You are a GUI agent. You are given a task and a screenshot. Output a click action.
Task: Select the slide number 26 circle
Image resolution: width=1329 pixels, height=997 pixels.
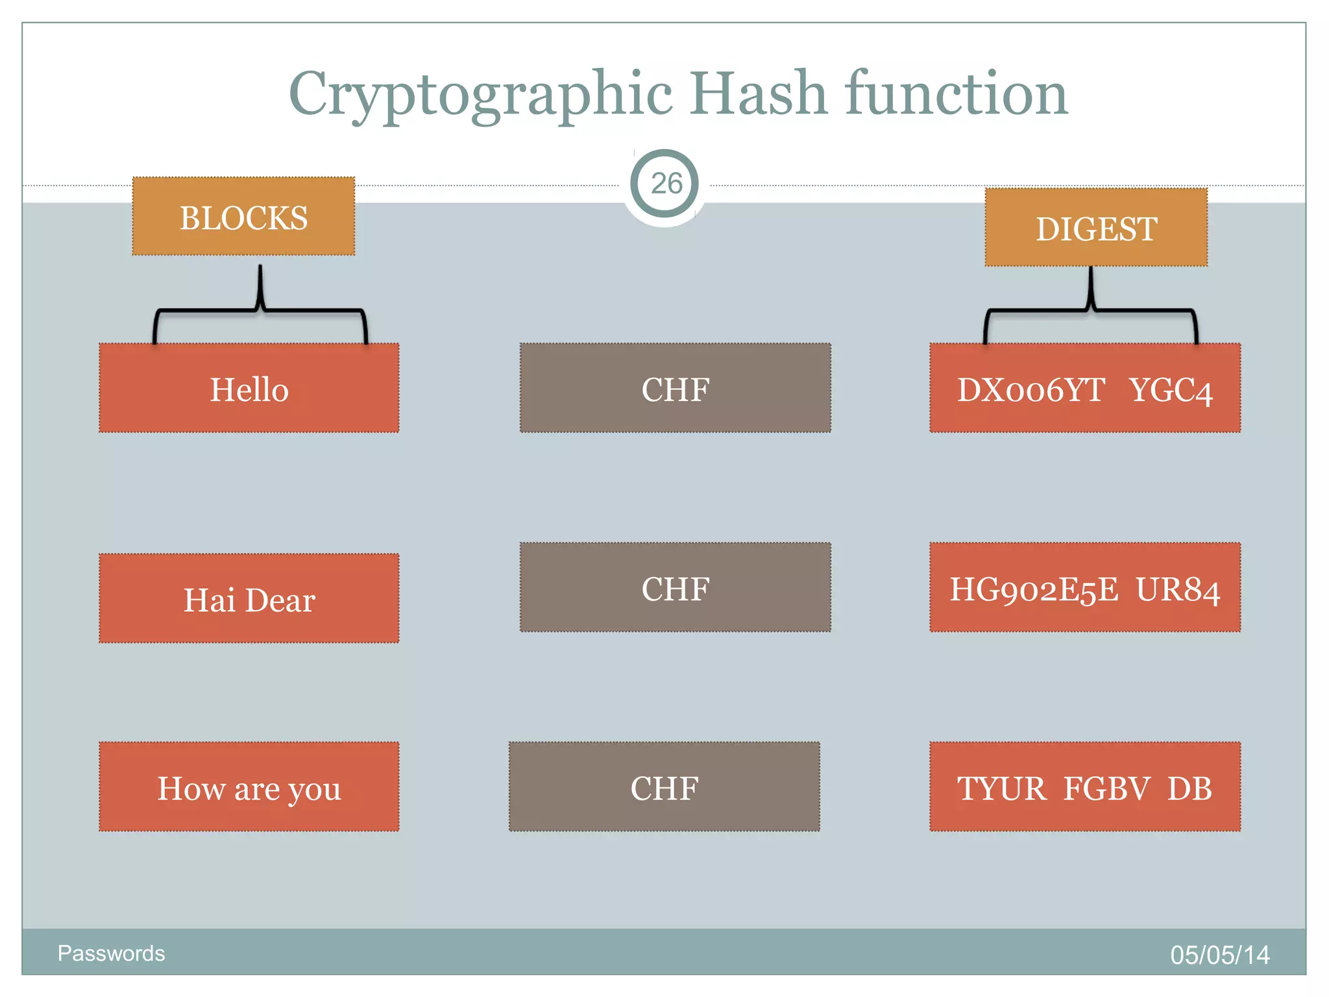[664, 184]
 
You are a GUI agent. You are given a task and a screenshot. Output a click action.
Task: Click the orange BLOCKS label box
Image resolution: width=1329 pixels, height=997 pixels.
[243, 216]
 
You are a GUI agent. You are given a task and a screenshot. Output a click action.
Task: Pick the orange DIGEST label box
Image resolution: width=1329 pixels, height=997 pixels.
[1096, 227]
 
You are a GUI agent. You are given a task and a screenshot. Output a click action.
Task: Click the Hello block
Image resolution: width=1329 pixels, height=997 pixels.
[249, 388]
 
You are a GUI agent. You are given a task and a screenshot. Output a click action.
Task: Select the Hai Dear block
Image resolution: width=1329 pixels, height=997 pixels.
[249, 598]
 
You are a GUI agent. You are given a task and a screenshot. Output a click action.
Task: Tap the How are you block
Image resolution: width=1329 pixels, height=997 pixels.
[249, 787]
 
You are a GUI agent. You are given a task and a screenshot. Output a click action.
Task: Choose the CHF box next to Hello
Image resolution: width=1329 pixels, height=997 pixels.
[675, 388]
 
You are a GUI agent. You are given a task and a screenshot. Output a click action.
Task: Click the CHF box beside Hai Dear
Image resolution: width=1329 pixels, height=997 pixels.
[675, 587]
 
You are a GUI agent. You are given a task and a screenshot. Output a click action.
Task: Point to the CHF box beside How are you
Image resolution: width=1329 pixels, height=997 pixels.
[664, 787]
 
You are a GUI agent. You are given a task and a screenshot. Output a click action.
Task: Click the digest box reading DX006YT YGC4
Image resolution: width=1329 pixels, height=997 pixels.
[1085, 388]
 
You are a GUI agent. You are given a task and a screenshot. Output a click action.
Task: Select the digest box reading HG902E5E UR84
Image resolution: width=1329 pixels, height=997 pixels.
[1085, 587]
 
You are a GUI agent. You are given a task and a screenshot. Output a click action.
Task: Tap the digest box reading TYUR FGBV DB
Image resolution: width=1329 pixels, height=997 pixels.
[1085, 787]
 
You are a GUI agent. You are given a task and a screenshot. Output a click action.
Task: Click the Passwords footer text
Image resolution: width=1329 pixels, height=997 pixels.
[111, 953]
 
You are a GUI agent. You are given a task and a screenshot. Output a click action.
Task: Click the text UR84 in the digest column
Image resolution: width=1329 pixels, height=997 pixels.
[1178, 589]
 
